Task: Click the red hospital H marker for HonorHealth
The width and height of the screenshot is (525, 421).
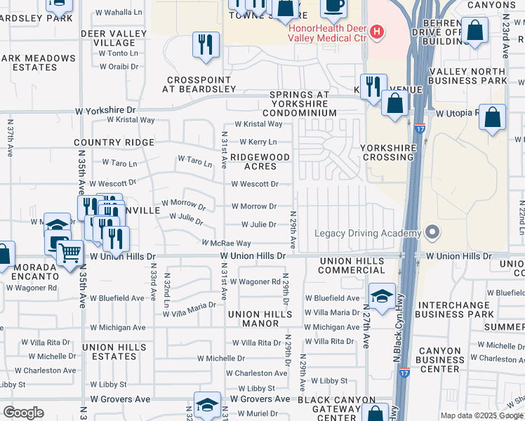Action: [x=378, y=31]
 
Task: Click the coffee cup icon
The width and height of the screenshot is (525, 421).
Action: [x=333, y=6]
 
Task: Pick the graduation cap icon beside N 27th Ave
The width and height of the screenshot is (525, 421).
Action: [x=382, y=296]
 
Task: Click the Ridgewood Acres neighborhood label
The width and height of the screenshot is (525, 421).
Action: [x=260, y=161]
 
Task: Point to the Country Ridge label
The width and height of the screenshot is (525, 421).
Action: [x=114, y=142]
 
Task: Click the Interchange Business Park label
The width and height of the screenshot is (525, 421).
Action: [x=461, y=310]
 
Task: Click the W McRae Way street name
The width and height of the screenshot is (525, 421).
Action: [x=226, y=243]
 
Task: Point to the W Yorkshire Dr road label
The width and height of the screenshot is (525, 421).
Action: [x=105, y=110]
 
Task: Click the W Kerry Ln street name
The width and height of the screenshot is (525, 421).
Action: [x=258, y=142]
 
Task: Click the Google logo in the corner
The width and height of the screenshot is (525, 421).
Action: [x=23, y=413]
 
